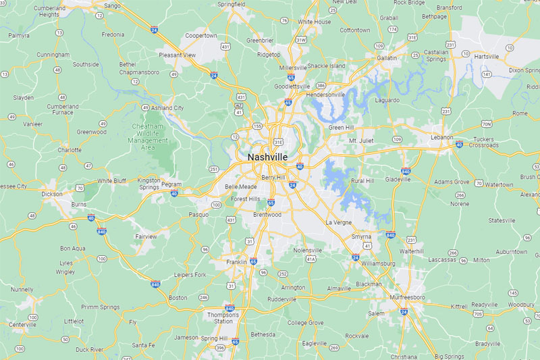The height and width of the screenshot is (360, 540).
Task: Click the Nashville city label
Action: point(267,157)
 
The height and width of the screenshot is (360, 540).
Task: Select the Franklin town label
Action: point(236,261)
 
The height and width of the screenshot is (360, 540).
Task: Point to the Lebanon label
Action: point(442,136)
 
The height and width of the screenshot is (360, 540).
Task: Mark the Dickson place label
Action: point(52,194)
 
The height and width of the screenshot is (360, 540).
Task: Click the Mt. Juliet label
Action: point(361,140)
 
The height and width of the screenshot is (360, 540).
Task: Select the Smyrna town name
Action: point(362,236)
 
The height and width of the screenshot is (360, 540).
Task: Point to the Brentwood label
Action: point(267,214)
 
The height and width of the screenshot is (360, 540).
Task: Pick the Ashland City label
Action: point(167,107)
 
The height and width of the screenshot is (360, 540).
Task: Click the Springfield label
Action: point(231,4)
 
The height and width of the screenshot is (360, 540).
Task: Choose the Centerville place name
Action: point(23,324)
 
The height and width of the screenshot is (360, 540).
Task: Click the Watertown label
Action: point(499,184)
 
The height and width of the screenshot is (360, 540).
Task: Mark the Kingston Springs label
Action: point(148,184)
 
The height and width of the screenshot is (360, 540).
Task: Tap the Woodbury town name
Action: point(520,305)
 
